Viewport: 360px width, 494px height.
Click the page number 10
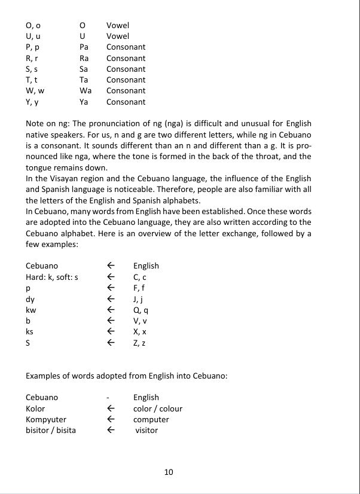(x=168, y=472)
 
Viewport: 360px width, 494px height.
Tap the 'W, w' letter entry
(x=35, y=91)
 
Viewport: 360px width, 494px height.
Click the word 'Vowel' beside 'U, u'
(x=117, y=36)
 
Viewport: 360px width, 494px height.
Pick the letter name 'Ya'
(x=84, y=102)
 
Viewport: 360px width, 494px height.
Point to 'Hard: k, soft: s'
(x=52, y=277)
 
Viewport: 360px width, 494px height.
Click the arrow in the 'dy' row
(x=109, y=299)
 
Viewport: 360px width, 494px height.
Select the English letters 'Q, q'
(x=141, y=310)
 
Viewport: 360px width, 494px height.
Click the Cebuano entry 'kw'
(x=31, y=310)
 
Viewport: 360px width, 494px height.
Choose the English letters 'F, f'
(x=140, y=288)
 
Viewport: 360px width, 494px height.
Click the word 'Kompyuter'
(x=46, y=419)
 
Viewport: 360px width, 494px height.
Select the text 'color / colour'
(x=158, y=408)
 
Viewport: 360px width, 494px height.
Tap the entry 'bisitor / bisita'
(x=51, y=430)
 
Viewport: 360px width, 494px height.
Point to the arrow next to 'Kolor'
(x=109, y=408)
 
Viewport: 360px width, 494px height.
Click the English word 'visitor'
(x=147, y=430)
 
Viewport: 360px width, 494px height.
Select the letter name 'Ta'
(x=84, y=80)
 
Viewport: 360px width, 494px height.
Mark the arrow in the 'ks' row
(x=109, y=332)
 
